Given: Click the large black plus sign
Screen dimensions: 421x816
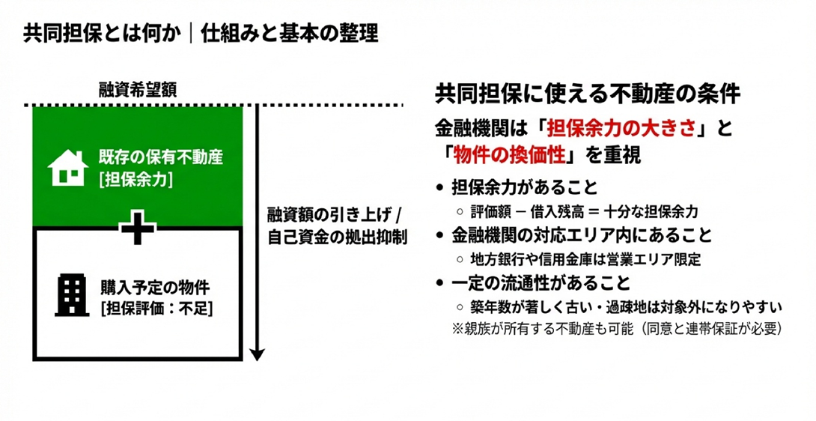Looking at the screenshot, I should tap(138, 228).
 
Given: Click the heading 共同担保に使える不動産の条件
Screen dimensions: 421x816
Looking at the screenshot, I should tap(587, 95).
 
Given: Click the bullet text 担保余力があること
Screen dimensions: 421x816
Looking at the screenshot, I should tap(525, 187).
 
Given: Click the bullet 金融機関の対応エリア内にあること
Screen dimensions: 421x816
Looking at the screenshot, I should tap(582, 235).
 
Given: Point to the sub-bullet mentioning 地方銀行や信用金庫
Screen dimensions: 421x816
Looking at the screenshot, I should tap(585, 259).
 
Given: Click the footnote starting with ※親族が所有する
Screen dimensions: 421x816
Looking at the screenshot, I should tap(615, 327).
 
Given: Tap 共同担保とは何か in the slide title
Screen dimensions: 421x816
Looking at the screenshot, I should tap(102, 33).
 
